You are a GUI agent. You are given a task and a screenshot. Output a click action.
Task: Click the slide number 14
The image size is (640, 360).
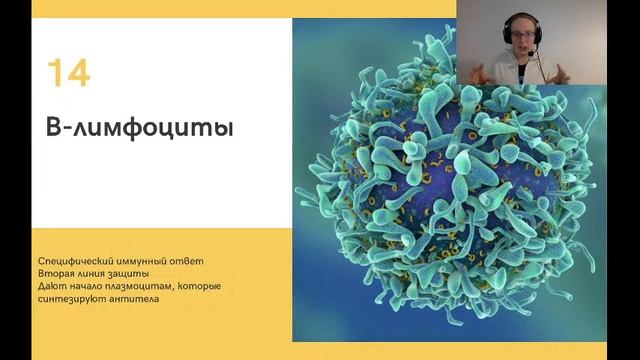[x=68, y=73]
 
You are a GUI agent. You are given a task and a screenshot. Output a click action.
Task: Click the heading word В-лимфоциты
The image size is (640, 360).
[x=126, y=129]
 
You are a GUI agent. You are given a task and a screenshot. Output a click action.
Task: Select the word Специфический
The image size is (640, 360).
[x=76, y=262]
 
